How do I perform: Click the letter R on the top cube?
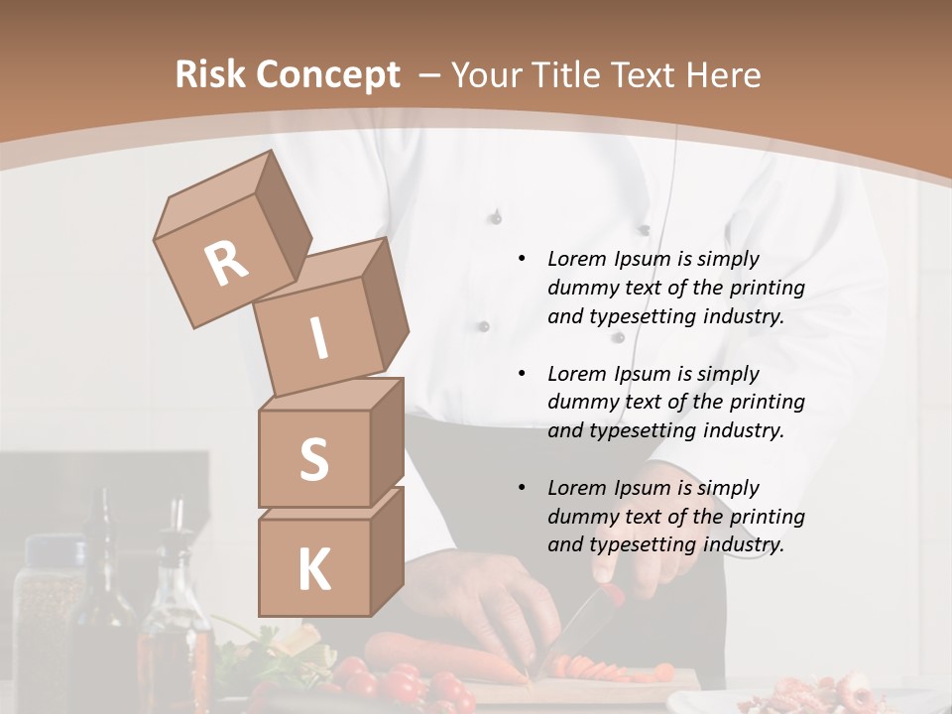click(226, 264)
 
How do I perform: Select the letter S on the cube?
click(313, 460)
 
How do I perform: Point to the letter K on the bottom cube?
click(313, 570)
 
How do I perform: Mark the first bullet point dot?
click(522, 259)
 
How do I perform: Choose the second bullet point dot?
click(522, 374)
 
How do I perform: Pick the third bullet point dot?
click(522, 488)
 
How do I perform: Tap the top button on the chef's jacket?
click(496, 215)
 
